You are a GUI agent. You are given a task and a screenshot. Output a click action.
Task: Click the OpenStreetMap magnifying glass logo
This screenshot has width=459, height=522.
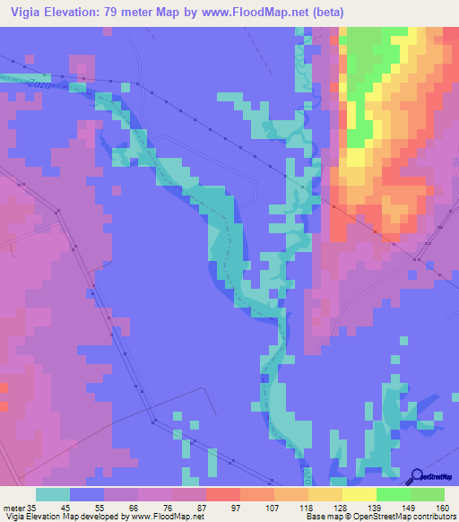point(416,475)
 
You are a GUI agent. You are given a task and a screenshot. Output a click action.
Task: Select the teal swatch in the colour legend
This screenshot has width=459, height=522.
point(53,494)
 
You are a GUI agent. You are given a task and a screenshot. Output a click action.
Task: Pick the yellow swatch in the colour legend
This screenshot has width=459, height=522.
point(359,494)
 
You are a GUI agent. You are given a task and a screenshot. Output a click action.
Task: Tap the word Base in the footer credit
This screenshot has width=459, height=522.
point(314,517)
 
